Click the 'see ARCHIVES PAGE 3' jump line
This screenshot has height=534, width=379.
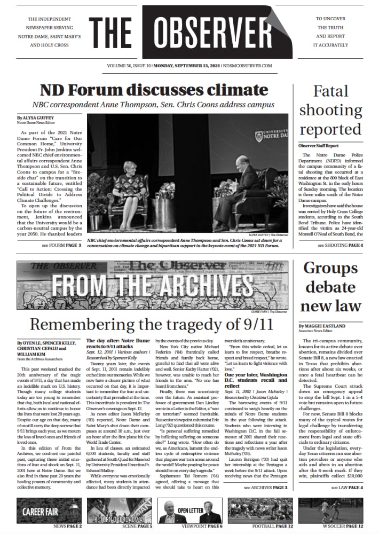(x=265, y=488)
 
